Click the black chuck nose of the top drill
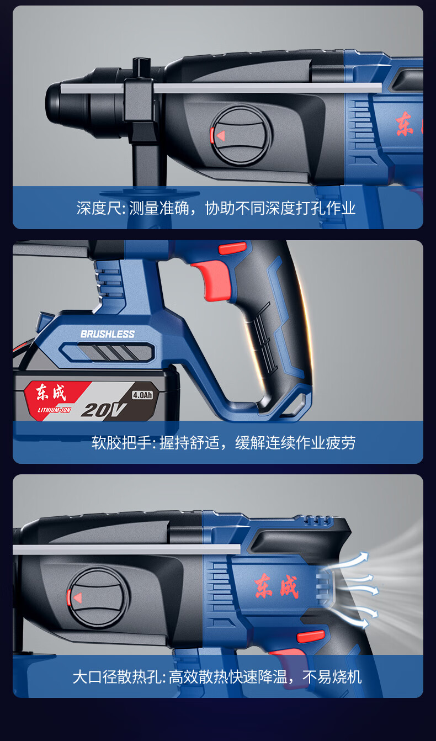(x=66, y=103)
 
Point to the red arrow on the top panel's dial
(x=221, y=136)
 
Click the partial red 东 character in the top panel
(x=405, y=124)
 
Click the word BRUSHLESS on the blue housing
(x=108, y=334)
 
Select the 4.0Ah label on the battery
(x=142, y=395)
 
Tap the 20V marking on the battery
(x=103, y=410)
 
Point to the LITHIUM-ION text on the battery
(x=54, y=410)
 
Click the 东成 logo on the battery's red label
(x=51, y=393)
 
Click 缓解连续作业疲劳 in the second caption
(x=295, y=442)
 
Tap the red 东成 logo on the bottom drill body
(x=277, y=586)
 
